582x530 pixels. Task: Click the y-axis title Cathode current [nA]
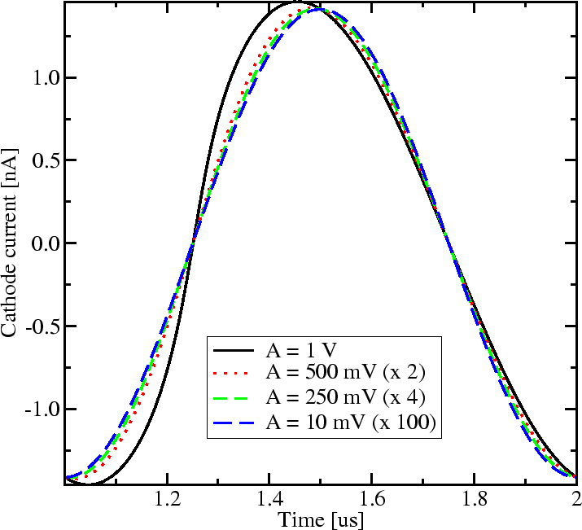11,243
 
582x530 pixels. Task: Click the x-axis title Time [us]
320,519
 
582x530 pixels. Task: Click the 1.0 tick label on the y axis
41,78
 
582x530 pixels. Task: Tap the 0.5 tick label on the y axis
41,160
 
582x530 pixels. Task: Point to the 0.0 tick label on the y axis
41,243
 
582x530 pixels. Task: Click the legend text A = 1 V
301,351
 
